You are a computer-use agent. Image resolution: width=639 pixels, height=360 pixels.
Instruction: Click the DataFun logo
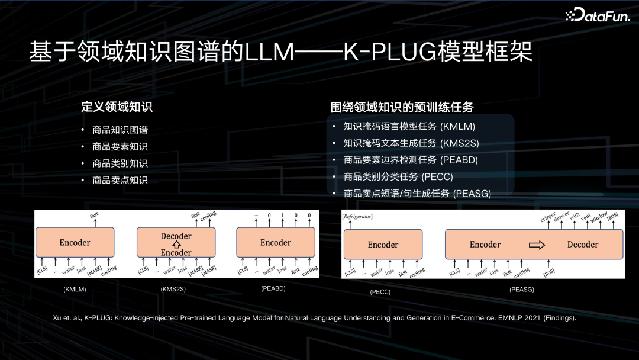tap(598, 15)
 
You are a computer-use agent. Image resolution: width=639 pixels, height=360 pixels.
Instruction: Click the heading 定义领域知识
tap(117, 107)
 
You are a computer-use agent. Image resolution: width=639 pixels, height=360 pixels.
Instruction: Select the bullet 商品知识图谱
tap(120, 130)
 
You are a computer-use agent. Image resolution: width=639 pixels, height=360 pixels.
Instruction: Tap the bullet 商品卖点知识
tap(120, 180)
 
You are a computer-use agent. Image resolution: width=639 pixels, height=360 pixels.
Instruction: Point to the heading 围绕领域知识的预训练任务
tap(402, 107)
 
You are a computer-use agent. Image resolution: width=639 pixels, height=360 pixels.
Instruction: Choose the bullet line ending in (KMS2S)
tap(411, 143)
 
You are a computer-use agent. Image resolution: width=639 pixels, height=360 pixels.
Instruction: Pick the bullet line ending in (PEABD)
tap(411, 160)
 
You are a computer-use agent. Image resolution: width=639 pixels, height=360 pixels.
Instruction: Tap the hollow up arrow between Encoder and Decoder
tap(176, 245)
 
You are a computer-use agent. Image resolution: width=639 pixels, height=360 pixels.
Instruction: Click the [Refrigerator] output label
tap(357, 217)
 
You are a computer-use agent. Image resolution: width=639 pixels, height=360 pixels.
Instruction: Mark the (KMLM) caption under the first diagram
tap(75, 289)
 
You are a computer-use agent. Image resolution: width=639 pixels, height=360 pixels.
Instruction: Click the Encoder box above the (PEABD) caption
tap(276, 243)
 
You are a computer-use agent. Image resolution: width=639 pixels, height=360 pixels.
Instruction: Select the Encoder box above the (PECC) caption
tap(383, 245)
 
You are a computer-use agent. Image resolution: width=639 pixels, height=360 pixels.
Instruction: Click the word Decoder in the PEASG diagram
tap(582, 245)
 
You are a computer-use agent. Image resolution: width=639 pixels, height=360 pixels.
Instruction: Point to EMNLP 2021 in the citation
tap(518, 318)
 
